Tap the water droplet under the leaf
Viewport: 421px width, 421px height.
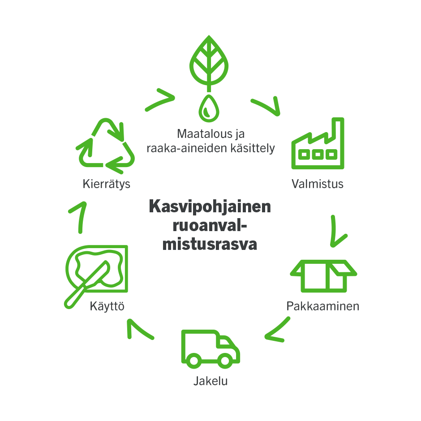[206, 108]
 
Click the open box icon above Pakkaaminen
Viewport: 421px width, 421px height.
[324, 274]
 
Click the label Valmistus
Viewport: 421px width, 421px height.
[318, 184]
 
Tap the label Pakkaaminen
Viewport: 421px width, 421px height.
[323, 306]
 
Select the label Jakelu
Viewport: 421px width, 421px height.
[210, 382]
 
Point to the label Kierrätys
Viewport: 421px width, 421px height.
[107, 184]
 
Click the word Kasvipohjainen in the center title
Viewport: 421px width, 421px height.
[210, 207]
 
